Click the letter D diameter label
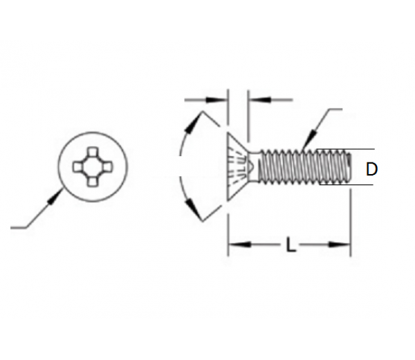(372, 169)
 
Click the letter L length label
(291, 245)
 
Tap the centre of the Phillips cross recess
(93, 167)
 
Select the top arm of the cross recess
(93, 151)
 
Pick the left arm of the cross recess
(77, 167)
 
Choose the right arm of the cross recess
(108, 167)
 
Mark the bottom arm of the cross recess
(93, 182)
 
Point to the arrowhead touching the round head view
(55, 198)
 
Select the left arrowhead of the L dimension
(234, 244)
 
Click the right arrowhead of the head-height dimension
(255, 101)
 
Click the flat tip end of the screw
(350, 168)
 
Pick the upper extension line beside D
(362, 150)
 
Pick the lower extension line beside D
(362, 187)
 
